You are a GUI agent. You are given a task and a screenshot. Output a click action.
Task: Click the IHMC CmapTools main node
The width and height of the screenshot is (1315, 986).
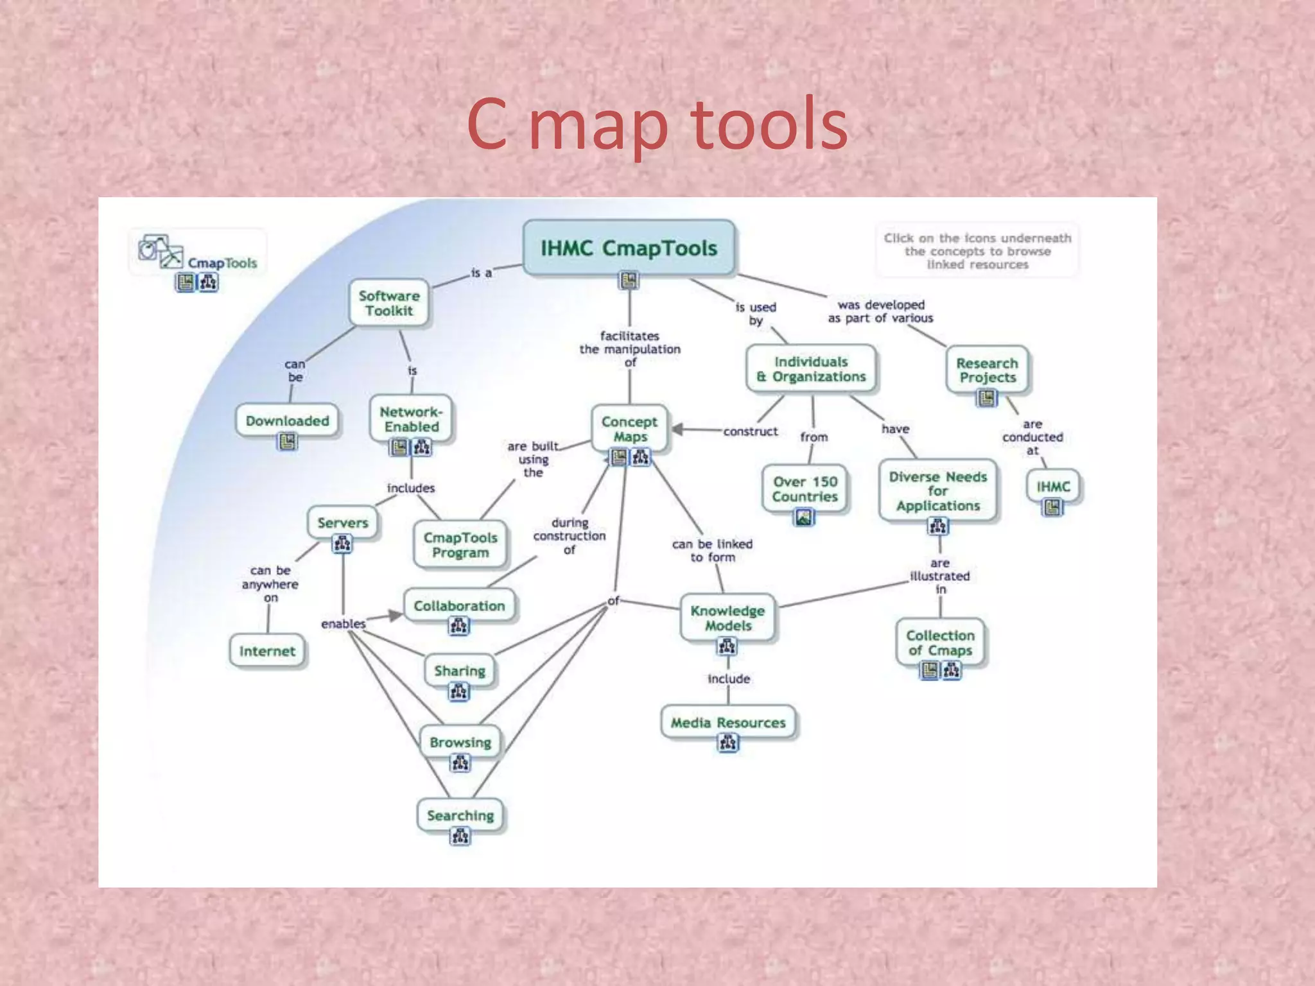click(x=629, y=248)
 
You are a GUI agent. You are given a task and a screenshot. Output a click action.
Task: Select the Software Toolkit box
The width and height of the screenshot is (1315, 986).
click(x=389, y=303)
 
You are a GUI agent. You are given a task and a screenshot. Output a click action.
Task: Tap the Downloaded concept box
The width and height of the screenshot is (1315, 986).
click(x=287, y=421)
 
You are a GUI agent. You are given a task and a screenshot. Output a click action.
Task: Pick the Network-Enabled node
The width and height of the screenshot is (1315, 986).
click(x=412, y=419)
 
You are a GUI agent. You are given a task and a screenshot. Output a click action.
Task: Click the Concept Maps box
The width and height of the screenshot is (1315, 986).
click(x=629, y=429)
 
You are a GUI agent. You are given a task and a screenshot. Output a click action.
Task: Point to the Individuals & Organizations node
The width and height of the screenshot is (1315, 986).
click(x=811, y=369)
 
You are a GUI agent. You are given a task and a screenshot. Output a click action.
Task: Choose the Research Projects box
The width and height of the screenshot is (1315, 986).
click(x=987, y=370)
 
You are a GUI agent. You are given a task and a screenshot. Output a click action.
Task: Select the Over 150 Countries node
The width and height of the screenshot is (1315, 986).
click(x=805, y=489)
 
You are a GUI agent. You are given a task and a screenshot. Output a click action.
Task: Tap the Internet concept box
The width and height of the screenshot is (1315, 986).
click(x=267, y=651)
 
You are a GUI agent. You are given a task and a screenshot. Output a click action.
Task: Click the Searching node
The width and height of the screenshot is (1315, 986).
click(x=460, y=815)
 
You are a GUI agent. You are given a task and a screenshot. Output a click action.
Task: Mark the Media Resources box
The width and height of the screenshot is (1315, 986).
click(x=728, y=723)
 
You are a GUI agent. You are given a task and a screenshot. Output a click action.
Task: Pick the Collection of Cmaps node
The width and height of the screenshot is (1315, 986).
click(x=940, y=643)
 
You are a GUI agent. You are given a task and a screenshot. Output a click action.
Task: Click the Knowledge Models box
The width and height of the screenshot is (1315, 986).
click(x=727, y=618)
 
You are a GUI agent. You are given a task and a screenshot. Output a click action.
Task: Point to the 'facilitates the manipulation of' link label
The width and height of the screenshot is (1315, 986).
click(x=630, y=349)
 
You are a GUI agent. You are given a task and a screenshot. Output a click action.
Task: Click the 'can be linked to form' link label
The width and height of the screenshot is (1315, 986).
click(x=712, y=551)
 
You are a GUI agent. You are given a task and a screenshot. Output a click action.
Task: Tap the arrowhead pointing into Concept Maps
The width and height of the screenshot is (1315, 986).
click(x=678, y=429)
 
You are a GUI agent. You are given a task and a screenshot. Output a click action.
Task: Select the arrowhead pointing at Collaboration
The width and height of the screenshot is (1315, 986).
click(x=395, y=616)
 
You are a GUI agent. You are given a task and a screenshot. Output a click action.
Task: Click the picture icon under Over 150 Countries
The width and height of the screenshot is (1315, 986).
click(x=804, y=517)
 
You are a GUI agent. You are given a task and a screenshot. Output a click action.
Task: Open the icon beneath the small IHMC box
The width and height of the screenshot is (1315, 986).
click(x=1052, y=508)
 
